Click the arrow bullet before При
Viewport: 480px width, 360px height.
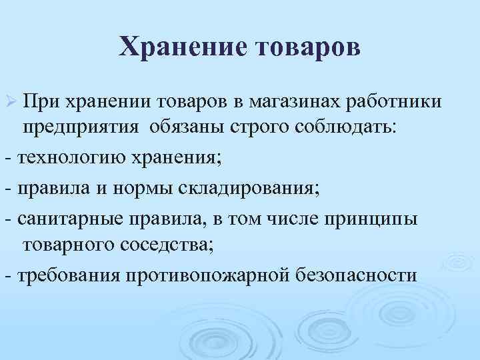pyautogui.click(x=10, y=102)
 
